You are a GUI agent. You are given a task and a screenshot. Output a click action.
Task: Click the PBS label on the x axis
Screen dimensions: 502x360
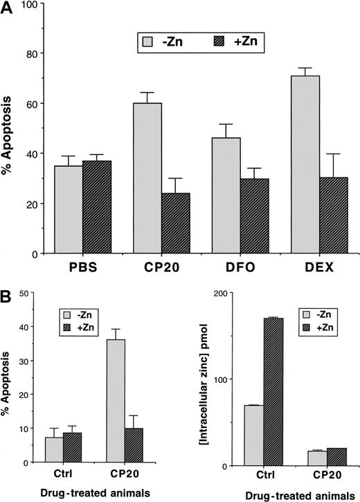click(x=82, y=267)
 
